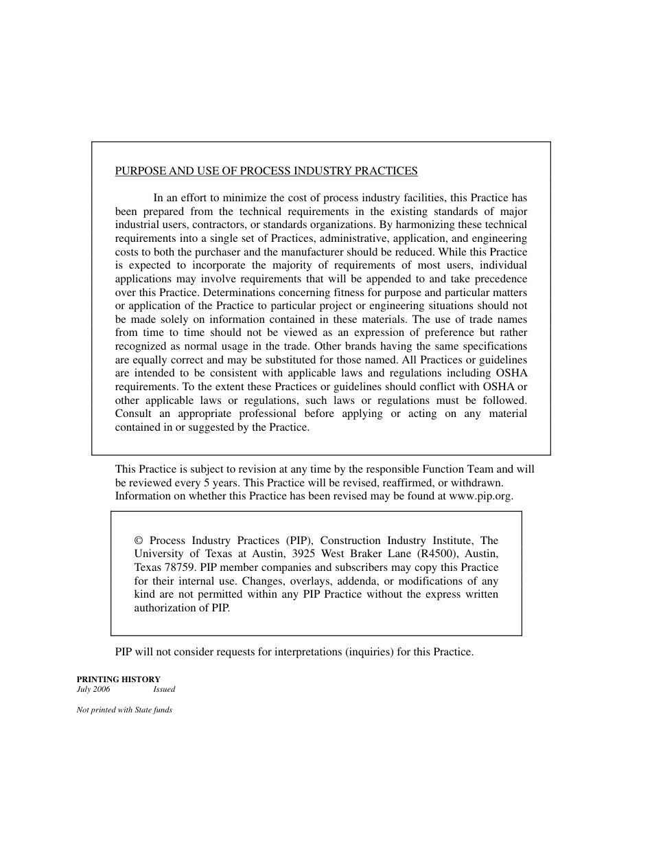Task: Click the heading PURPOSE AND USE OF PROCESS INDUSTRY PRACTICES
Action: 266,171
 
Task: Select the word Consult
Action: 133,414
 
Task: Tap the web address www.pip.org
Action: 480,496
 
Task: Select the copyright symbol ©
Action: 139,541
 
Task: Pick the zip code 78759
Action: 181,567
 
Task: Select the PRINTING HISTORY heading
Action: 118,679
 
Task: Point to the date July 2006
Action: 93,689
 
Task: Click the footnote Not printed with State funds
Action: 124,710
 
